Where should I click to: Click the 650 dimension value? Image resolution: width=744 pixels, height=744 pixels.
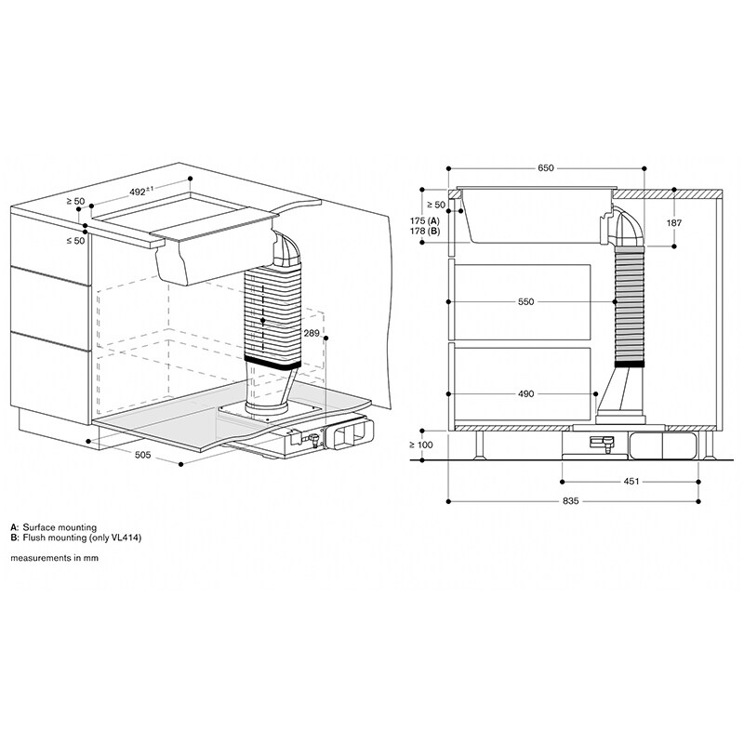pyautogui.click(x=545, y=168)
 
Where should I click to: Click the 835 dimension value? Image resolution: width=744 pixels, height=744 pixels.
pyautogui.click(x=571, y=501)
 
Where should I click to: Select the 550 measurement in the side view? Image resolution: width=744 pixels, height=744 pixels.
pyautogui.click(x=526, y=302)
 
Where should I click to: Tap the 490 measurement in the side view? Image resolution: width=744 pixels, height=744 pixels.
pyautogui.click(x=526, y=394)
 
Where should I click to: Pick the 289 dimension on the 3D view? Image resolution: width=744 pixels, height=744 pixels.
pyautogui.click(x=312, y=332)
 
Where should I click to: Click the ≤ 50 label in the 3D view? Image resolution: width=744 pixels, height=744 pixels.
pyautogui.click(x=74, y=240)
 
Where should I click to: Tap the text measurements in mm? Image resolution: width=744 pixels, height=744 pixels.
pyautogui.click(x=54, y=558)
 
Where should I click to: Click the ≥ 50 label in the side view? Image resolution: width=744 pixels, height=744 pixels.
pyautogui.click(x=434, y=204)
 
